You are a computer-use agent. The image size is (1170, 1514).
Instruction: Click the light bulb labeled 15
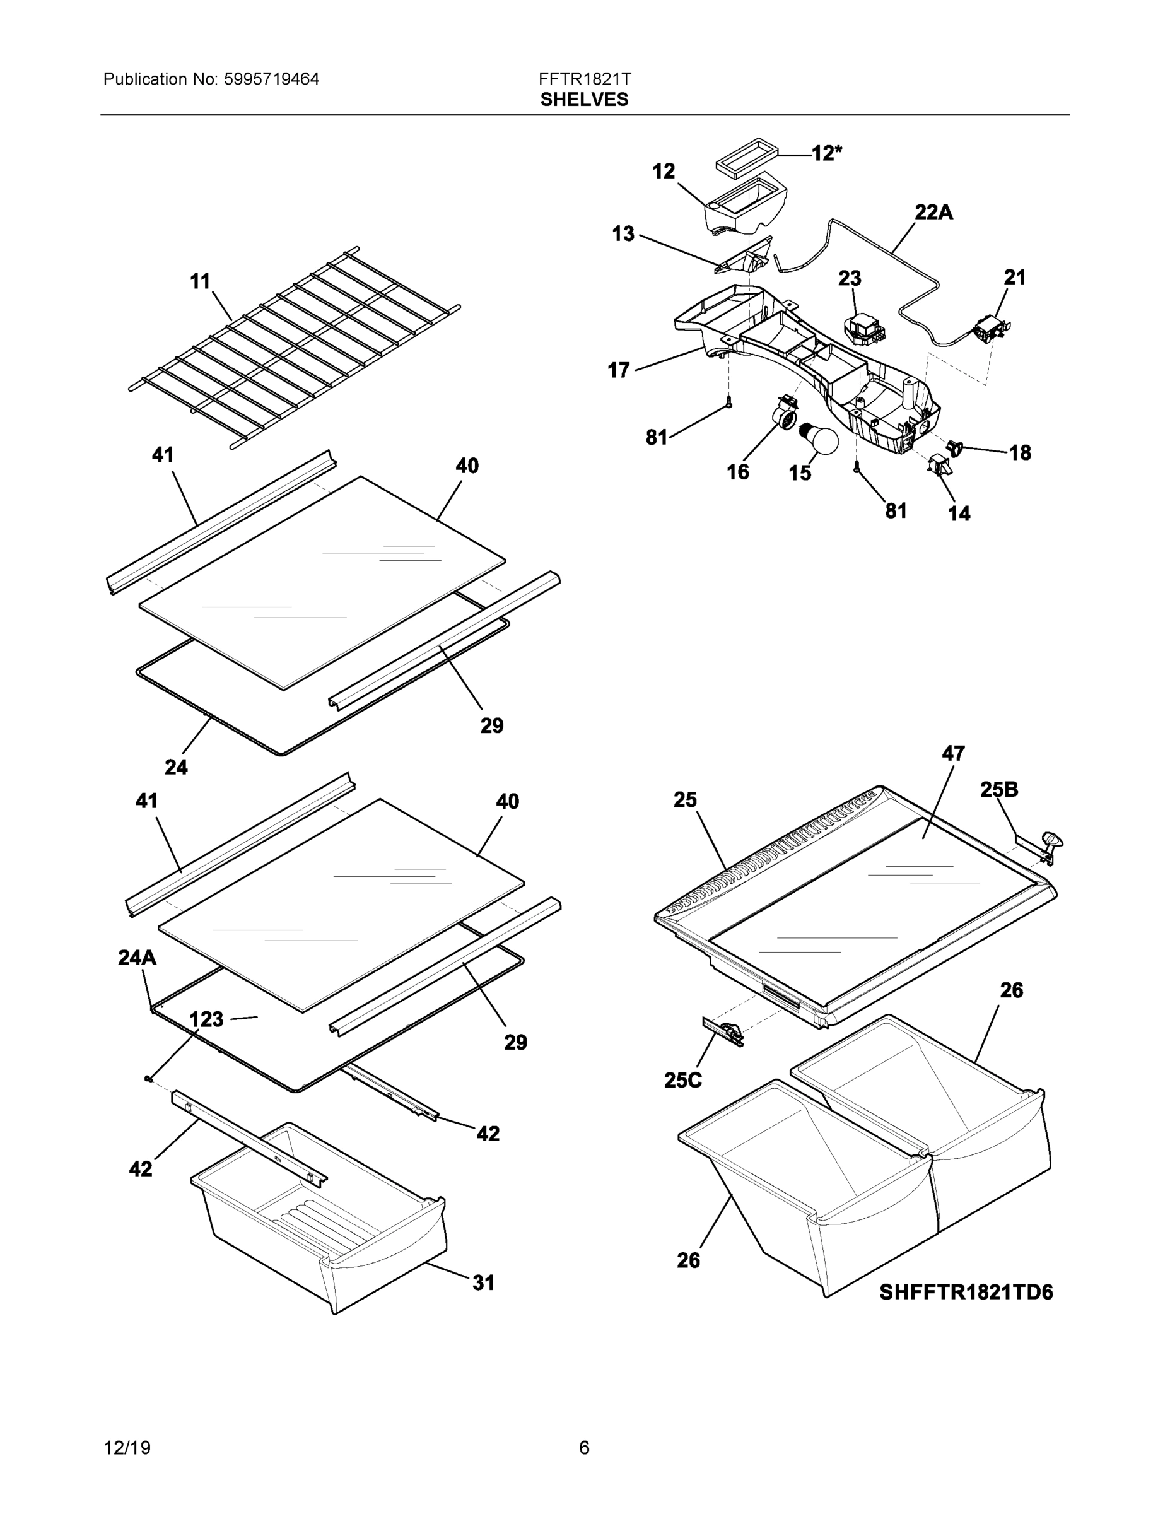[x=820, y=439]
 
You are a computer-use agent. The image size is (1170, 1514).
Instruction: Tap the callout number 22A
[x=933, y=212]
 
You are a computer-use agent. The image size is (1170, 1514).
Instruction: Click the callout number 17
[x=619, y=370]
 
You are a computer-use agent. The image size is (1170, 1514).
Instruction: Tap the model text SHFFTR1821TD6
[x=966, y=1292]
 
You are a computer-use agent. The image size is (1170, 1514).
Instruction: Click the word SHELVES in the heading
[x=584, y=100]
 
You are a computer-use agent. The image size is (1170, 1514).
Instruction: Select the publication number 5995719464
[x=271, y=79]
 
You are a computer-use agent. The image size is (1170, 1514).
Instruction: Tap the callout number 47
[x=953, y=754]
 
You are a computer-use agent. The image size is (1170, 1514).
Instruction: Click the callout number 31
[x=484, y=1283]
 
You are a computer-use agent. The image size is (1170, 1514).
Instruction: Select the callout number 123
[x=206, y=1019]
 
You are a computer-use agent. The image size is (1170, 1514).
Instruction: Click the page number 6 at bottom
[x=584, y=1448]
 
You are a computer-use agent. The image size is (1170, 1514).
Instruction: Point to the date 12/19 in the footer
[x=127, y=1448]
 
